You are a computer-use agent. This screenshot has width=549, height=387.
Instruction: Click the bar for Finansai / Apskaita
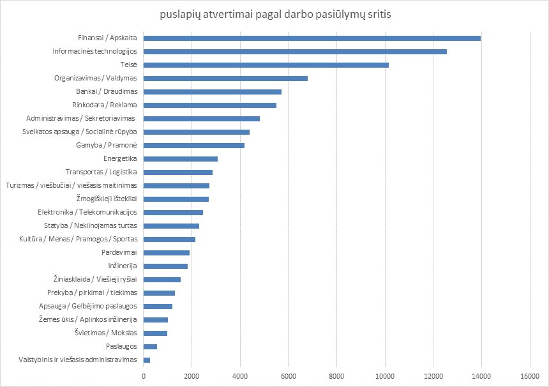312,38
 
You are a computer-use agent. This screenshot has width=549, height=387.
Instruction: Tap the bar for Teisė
266,64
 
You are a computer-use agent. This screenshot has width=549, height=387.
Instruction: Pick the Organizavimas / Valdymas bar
225,78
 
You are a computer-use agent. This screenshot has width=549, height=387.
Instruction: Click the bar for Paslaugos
150,346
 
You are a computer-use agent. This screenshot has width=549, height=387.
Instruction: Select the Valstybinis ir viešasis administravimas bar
147,360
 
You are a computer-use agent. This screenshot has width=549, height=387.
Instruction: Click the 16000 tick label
530,376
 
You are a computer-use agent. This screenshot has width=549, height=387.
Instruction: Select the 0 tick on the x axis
144,376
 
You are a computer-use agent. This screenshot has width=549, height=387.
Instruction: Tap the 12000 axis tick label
433,376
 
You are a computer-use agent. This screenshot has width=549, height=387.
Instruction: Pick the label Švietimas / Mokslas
110,333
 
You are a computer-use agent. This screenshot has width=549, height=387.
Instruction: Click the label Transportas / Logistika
102,172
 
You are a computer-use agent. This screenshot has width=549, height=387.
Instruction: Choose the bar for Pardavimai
167,252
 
